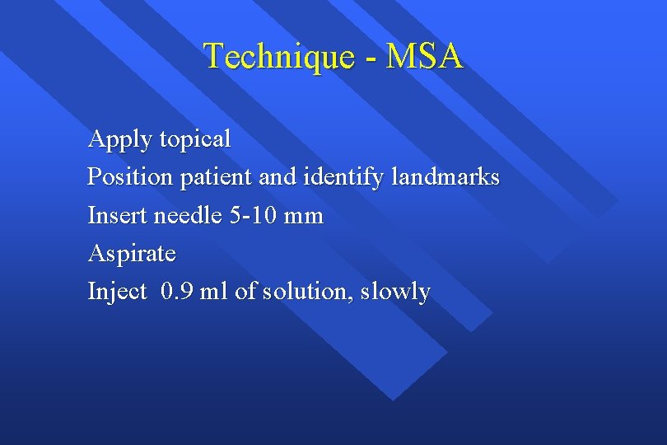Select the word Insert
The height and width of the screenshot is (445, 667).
(x=116, y=216)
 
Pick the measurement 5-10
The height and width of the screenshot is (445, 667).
(x=252, y=216)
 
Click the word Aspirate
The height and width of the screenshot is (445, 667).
(x=132, y=254)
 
